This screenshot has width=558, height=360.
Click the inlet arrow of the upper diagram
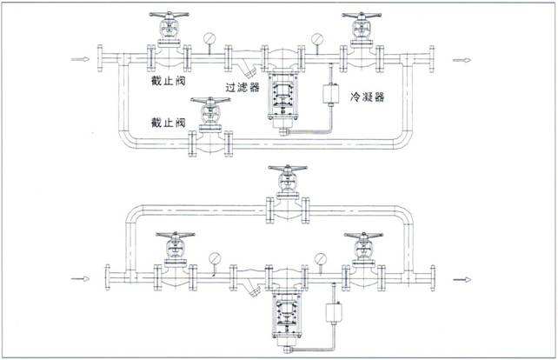(79, 60)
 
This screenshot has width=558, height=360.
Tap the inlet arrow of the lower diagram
(79, 279)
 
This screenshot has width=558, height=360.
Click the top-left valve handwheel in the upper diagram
(168, 16)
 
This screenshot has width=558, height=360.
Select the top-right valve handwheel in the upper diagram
(361, 16)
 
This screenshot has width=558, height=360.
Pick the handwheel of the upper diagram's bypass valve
(211, 100)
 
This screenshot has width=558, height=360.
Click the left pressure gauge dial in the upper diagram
(209, 38)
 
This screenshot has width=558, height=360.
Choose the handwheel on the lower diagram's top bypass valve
(288, 169)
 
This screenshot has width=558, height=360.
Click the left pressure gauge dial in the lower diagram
(214, 258)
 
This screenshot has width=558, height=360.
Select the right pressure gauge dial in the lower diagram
(321, 258)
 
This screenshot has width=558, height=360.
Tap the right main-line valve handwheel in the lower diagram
(363, 236)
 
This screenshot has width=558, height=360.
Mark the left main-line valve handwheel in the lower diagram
(174, 236)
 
